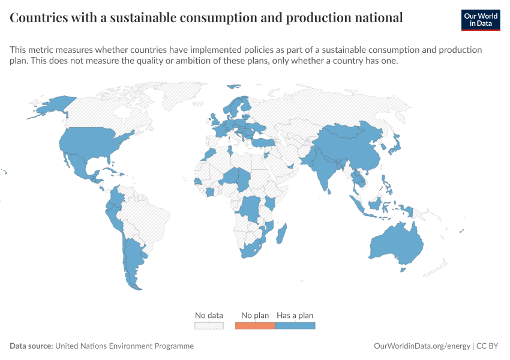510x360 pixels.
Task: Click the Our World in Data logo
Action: pyautogui.click(x=481, y=20)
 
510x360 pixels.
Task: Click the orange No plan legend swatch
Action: pyautogui.click(x=255, y=326)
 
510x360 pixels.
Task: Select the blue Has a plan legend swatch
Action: pyautogui.click(x=295, y=326)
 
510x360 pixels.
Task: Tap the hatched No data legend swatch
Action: pyautogui.click(x=209, y=326)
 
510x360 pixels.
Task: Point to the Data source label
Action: pyautogui.click(x=31, y=346)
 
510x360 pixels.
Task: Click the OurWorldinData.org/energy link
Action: pyautogui.click(x=422, y=346)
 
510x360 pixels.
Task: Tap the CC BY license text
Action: pyautogui.click(x=487, y=346)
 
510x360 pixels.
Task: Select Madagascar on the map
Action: pyautogui.click(x=281, y=234)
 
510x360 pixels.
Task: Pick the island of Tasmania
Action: pyautogui.click(x=403, y=269)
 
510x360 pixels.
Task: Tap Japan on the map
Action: pyautogui.click(x=395, y=145)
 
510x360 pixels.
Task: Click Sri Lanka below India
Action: pyautogui.click(x=329, y=191)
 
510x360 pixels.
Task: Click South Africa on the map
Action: pyautogui.click(x=251, y=250)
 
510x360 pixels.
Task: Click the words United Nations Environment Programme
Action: pyautogui.click(x=124, y=346)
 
